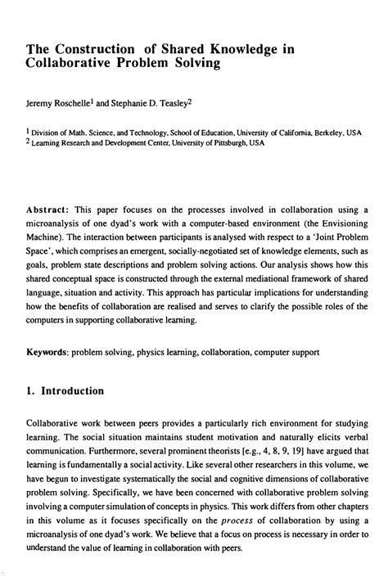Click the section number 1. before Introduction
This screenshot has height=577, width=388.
(x=32, y=391)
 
